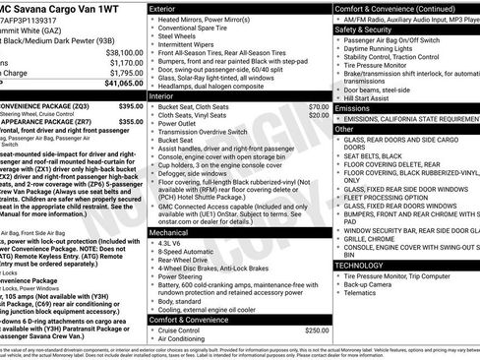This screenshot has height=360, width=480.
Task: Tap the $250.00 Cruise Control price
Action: click(317, 331)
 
